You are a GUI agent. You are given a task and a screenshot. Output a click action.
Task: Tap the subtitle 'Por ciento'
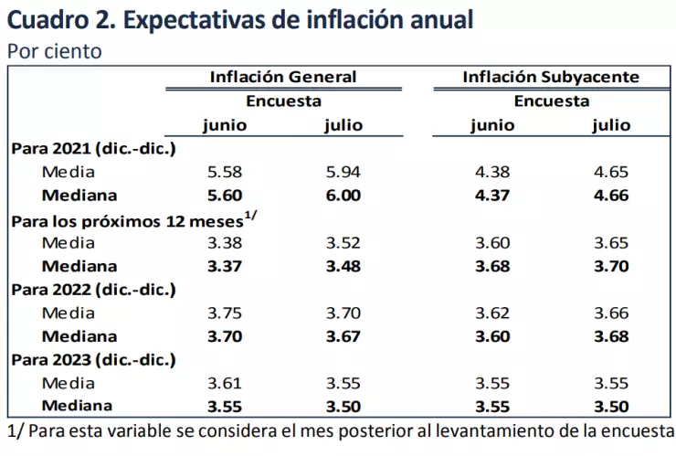(55, 51)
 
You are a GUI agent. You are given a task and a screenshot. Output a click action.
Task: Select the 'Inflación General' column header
(283, 77)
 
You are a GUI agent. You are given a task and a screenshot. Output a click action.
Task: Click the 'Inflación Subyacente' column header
(551, 77)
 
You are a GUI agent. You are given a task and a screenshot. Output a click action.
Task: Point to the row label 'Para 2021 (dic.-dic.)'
(92, 148)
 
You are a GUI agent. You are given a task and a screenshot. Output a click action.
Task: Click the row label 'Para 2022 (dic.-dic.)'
(92, 290)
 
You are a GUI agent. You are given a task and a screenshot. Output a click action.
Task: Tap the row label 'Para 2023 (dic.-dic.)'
(92, 359)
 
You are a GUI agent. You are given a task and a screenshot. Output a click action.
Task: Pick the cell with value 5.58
(226, 172)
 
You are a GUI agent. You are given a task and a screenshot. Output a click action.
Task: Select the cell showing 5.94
(343, 172)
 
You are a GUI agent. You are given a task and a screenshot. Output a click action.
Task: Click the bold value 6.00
(343, 196)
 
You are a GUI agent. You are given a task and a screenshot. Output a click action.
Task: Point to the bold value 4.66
(610, 196)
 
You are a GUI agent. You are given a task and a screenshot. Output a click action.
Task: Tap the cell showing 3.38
(226, 243)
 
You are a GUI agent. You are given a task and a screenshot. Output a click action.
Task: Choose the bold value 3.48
(343, 267)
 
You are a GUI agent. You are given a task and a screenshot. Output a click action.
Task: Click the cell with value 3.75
(226, 313)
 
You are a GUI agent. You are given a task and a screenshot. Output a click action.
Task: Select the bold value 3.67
(343, 336)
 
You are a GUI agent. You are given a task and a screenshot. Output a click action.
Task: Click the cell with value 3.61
(226, 382)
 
